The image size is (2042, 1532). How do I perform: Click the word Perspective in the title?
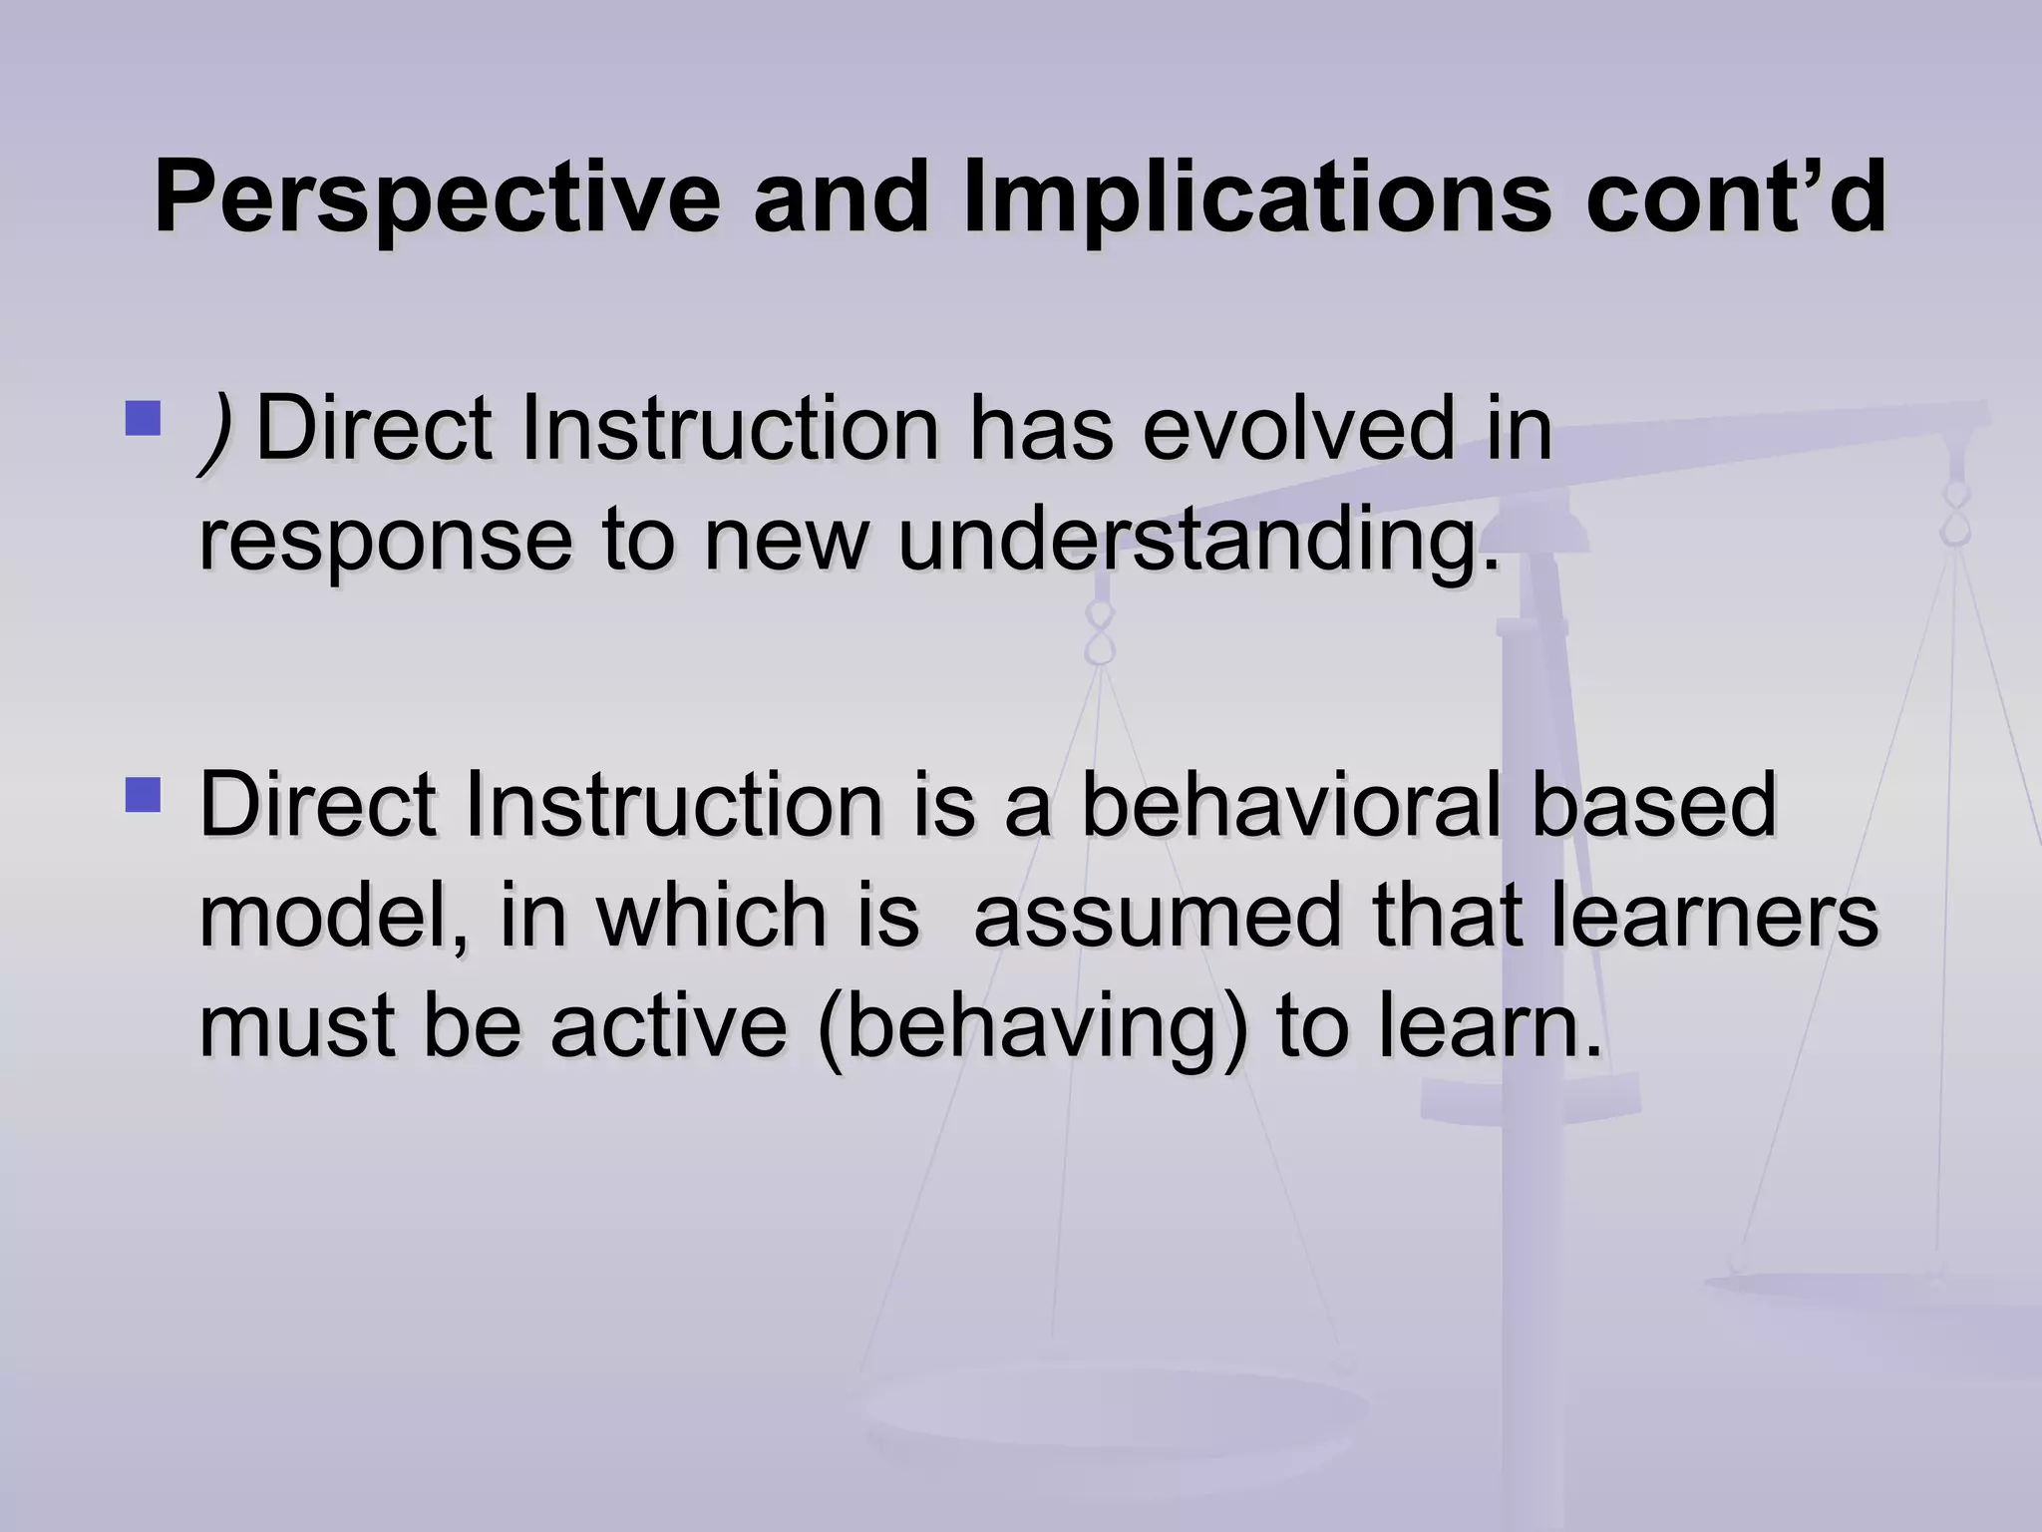437,198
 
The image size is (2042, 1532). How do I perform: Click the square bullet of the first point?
144,419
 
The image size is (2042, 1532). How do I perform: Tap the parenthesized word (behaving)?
1032,1028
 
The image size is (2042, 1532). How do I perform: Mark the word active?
669,1026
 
